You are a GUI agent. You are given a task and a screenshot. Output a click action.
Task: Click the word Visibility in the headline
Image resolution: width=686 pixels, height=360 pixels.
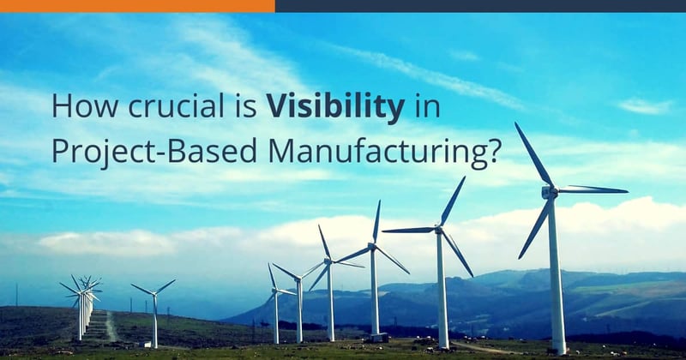point(335,106)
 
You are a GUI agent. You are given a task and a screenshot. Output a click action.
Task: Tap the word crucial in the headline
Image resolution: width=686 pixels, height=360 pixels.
point(176,105)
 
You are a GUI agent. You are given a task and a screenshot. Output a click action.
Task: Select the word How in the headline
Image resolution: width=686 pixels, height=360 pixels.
point(85,105)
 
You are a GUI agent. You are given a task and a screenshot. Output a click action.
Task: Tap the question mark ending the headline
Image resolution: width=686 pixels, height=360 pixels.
point(494,150)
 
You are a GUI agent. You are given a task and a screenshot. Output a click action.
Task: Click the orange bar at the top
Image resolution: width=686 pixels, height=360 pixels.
point(137,6)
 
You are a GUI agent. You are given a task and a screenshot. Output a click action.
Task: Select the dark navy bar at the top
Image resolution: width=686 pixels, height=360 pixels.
point(480,6)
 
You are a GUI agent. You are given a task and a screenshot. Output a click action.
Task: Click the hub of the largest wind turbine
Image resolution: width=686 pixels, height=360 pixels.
point(549,192)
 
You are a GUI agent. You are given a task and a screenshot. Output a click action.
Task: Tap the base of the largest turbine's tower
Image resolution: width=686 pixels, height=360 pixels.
point(559,349)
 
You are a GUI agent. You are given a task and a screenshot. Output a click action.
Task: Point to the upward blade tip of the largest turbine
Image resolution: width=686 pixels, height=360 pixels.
point(515,123)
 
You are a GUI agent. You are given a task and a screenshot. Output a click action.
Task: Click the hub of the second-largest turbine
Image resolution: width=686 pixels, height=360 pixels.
point(439,229)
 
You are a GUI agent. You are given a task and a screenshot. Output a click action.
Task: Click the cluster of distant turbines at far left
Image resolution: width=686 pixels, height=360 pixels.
point(83,304)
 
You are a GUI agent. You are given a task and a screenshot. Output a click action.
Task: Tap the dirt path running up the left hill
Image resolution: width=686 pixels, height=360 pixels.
point(111,326)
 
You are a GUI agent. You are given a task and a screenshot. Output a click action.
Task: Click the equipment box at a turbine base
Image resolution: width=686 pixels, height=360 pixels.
point(379,337)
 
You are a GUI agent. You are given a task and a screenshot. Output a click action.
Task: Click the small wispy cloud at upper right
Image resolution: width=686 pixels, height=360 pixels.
point(646,107)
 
